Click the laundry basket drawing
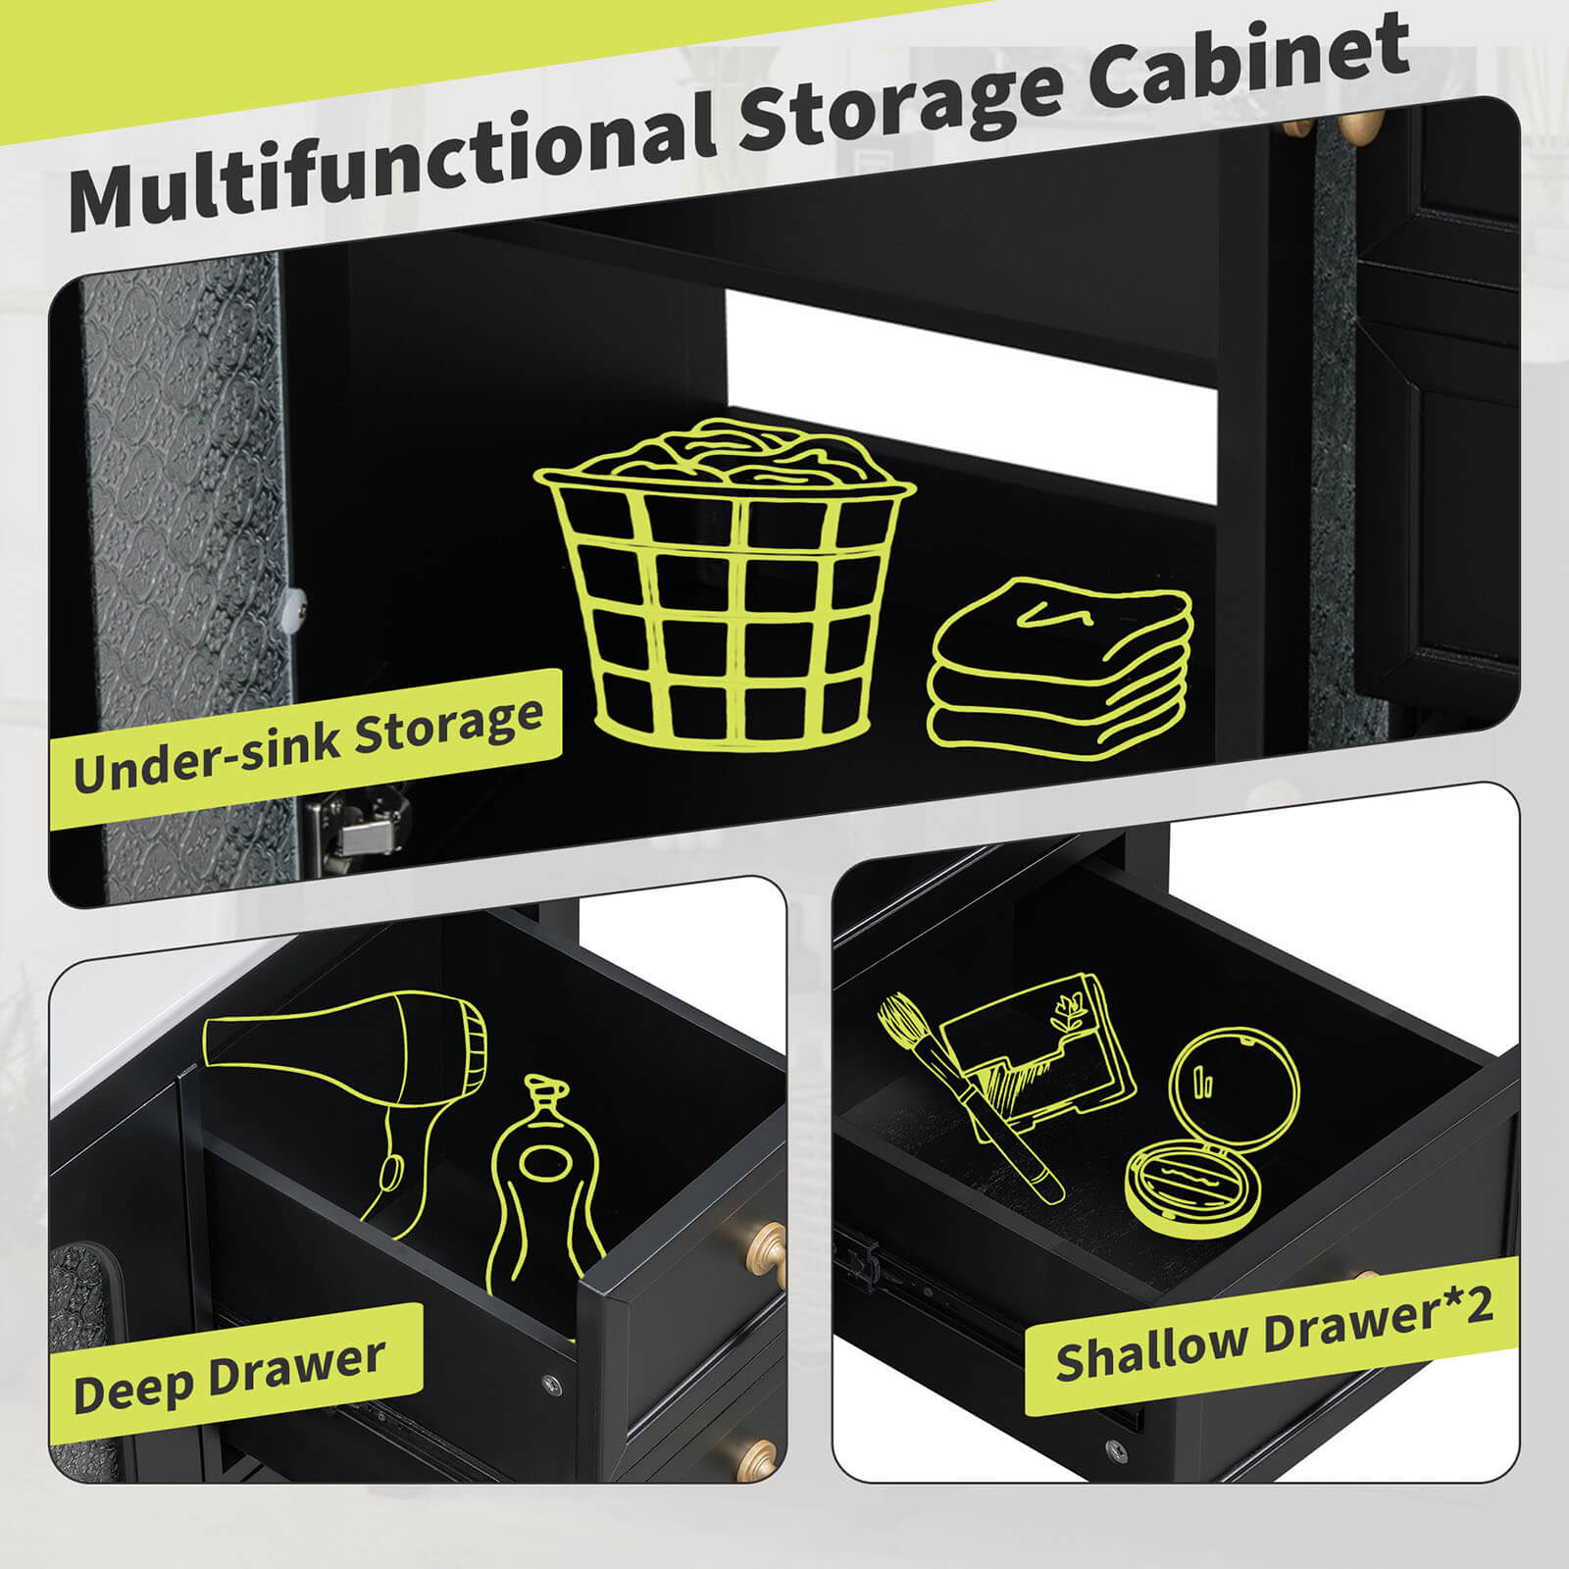pyautogui.click(x=726, y=579)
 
